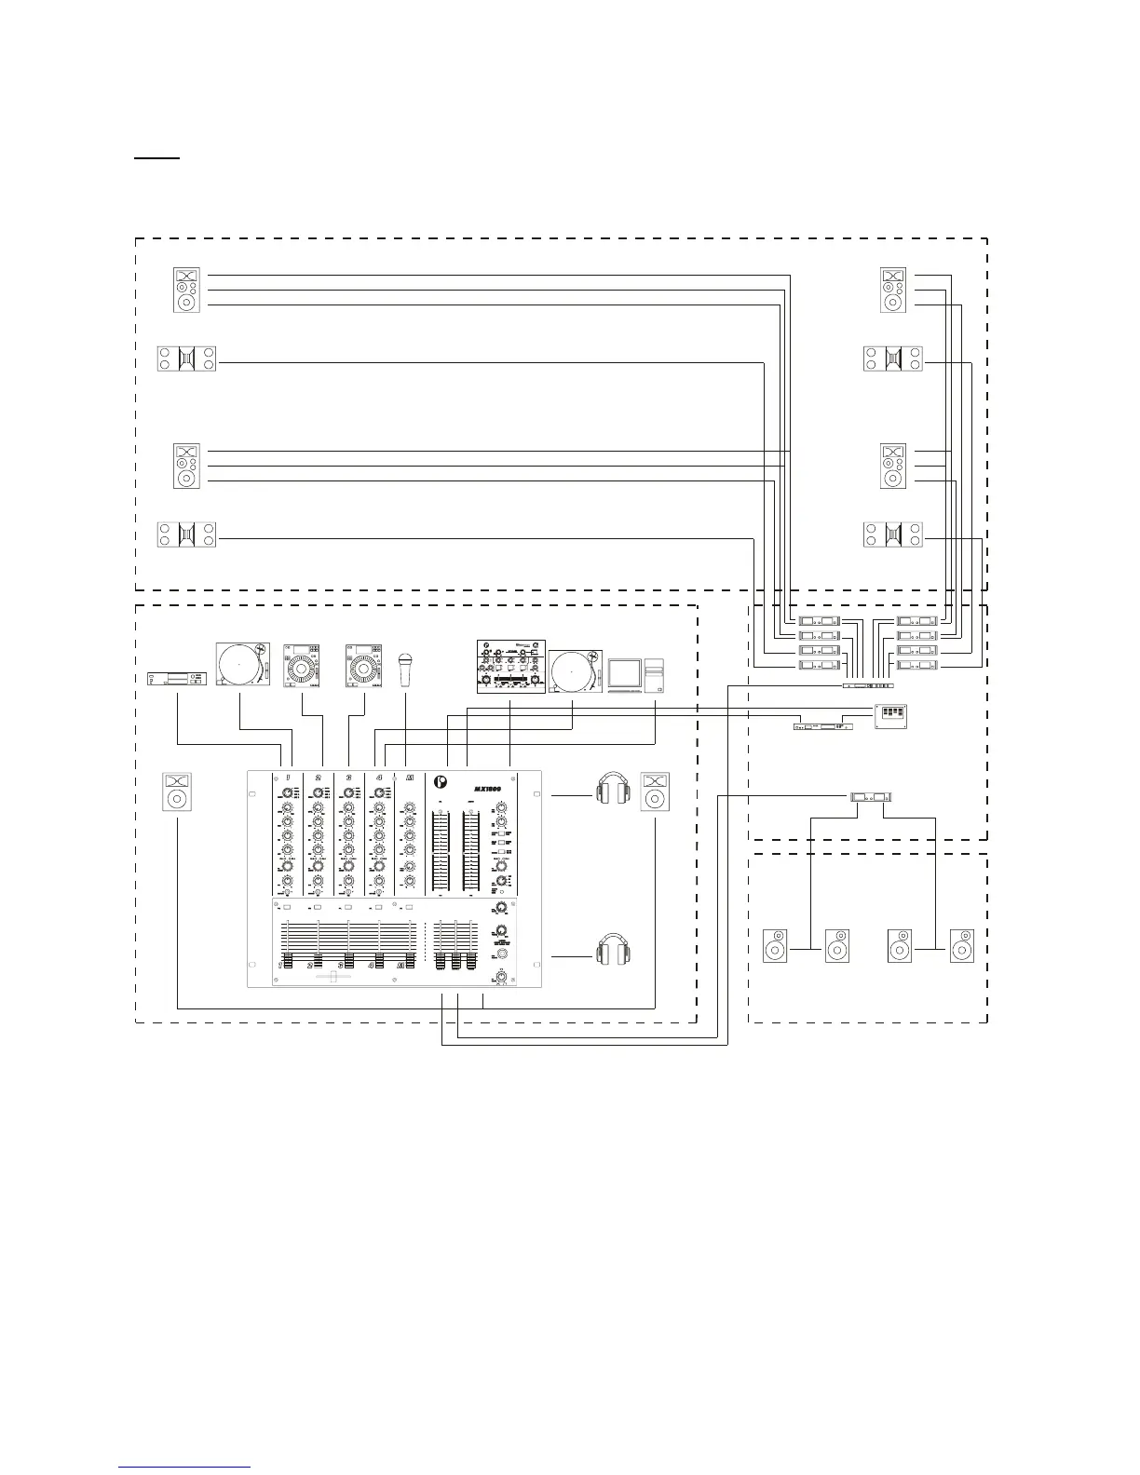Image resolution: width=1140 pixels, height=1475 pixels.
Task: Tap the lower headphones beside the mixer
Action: [613, 951]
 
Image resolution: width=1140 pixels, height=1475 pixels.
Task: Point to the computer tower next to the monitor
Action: [654, 676]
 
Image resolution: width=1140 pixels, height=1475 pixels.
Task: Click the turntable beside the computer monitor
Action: [576, 672]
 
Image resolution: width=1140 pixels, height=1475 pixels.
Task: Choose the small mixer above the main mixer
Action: [510, 667]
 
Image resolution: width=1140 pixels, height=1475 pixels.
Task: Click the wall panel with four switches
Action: [890, 715]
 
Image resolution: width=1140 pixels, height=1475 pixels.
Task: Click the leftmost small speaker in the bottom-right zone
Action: [775, 946]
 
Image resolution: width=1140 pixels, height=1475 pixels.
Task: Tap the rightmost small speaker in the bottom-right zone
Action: [962, 946]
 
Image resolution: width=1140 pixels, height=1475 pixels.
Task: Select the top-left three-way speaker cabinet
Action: [186, 290]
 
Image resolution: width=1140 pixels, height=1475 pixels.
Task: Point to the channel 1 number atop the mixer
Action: [289, 778]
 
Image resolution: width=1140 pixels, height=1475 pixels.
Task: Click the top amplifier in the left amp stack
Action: [819, 621]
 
